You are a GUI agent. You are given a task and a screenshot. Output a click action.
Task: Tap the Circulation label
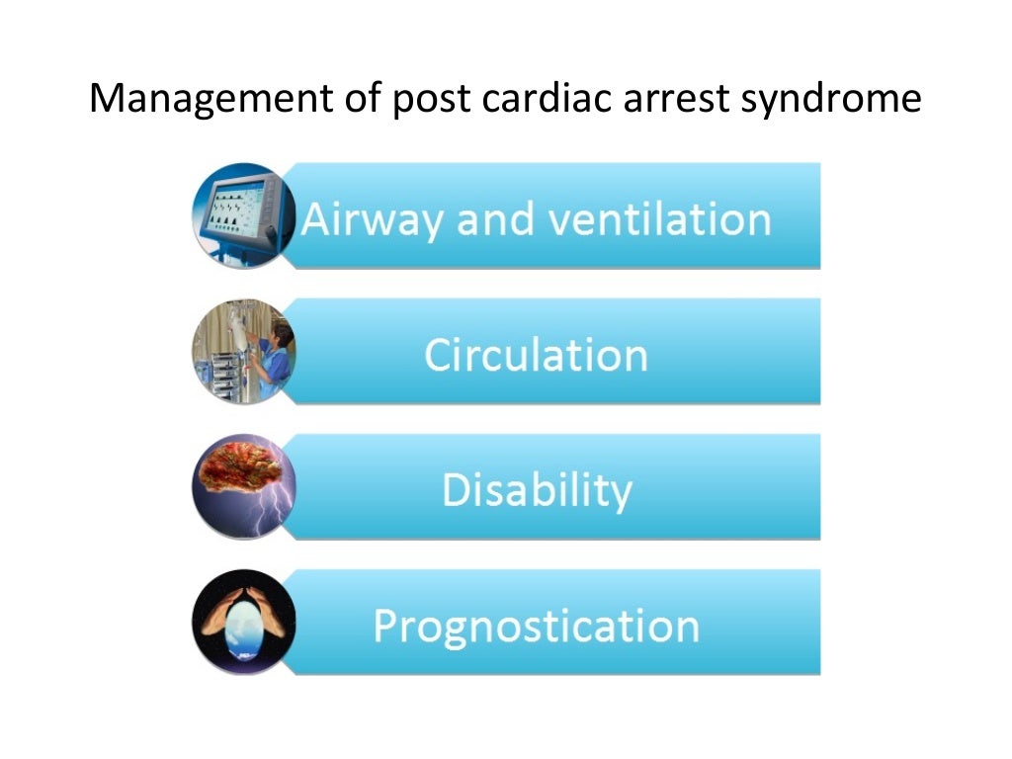pos(536,354)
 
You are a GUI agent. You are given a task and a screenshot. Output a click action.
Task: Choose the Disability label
pos(536,490)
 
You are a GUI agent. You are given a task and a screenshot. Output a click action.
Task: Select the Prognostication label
pos(536,626)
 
